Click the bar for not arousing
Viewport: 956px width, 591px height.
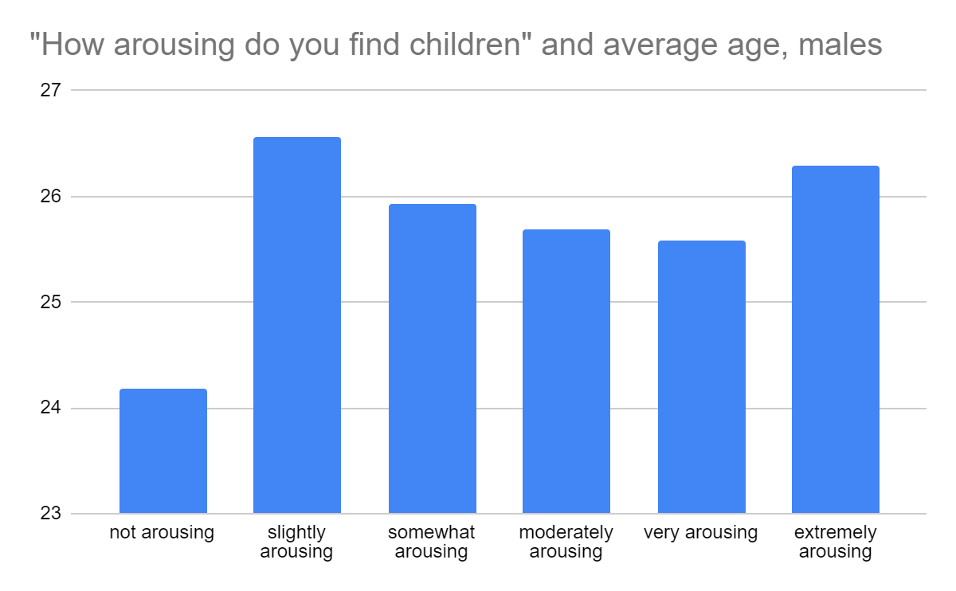(x=163, y=451)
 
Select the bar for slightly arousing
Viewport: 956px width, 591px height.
(x=296, y=325)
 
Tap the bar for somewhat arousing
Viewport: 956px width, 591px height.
(x=432, y=358)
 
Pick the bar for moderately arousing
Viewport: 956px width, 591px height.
(x=566, y=371)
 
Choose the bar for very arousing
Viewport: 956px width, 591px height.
(x=701, y=377)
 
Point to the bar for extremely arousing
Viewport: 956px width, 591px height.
(x=835, y=339)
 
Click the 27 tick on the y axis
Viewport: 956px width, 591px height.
(x=50, y=90)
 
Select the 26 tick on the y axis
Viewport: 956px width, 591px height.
(x=50, y=197)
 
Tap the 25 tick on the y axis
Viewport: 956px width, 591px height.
(x=50, y=303)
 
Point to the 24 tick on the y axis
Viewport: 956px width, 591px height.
(x=50, y=409)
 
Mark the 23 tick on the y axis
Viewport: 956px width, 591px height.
(x=50, y=514)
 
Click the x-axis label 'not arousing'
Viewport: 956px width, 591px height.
(x=162, y=533)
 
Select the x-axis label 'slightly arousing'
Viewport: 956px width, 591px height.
(x=296, y=542)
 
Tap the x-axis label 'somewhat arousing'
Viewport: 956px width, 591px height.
(x=431, y=542)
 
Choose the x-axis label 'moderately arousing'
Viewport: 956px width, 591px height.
(x=566, y=542)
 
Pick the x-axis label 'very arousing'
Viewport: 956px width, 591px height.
(x=700, y=533)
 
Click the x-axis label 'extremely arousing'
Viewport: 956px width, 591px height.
(x=835, y=542)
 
